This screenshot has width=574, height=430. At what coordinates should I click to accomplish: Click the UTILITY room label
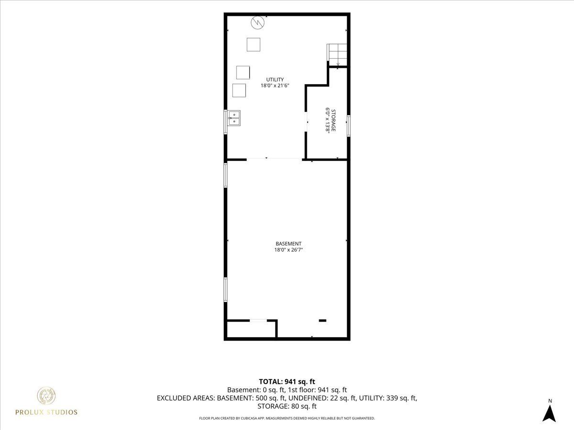(275, 79)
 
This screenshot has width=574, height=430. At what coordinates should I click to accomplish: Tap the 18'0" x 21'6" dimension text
(275, 86)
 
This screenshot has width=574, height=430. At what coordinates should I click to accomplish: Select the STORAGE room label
(333, 120)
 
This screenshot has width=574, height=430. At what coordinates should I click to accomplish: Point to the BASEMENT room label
(288, 244)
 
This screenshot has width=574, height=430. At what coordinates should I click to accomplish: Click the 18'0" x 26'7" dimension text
(288, 250)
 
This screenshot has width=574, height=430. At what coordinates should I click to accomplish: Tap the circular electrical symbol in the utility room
(257, 23)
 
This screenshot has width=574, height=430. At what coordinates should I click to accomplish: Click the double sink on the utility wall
(234, 118)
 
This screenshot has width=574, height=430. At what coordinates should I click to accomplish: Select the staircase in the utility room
(337, 55)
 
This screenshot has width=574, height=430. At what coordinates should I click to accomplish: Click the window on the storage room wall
(349, 126)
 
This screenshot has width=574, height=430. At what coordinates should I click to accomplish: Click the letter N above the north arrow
(550, 401)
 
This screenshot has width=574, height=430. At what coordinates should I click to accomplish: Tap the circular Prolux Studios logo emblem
(46, 395)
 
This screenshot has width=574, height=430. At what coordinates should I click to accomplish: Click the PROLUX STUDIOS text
(46, 412)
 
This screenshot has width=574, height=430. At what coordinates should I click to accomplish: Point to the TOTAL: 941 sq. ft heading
(287, 382)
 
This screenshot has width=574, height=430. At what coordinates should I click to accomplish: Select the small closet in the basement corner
(251, 329)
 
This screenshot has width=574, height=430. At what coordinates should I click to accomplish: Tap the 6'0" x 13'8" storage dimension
(327, 120)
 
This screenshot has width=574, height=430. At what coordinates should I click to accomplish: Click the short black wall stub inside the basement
(322, 320)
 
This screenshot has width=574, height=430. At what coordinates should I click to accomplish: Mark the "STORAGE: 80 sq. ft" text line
(287, 406)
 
